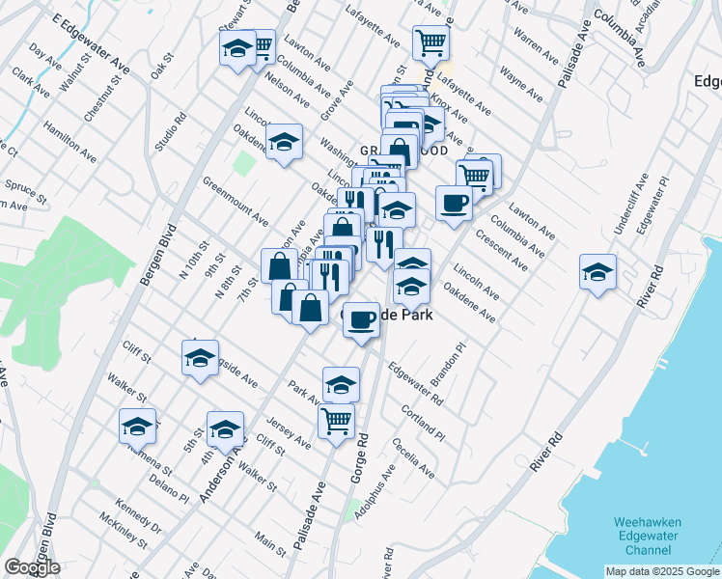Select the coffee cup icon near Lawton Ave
(x=454, y=203)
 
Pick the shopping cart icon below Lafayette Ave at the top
(x=430, y=41)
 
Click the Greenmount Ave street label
(x=236, y=200)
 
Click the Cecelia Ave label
(x=414, y=457)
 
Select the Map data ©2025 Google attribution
(x=662, y=571)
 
